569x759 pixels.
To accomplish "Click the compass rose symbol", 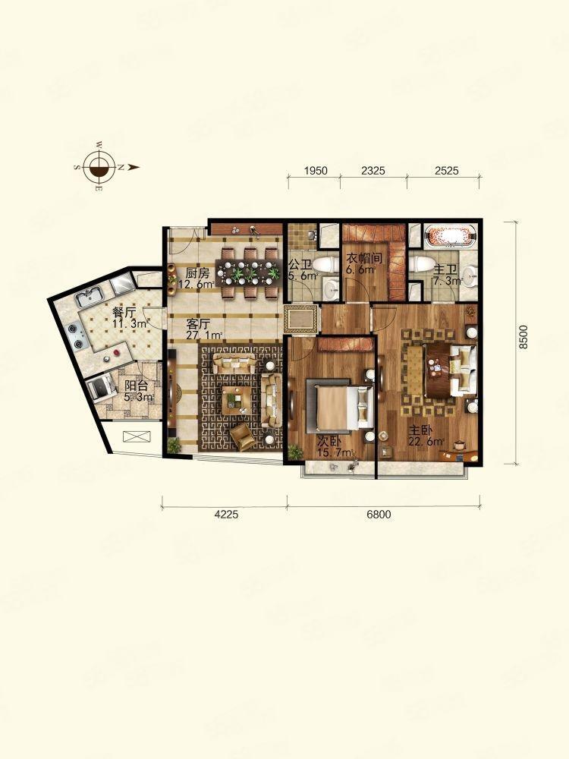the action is [x=99, y=167].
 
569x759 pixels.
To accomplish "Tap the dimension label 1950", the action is [x=316, y=170].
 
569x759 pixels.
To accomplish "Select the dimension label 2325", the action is [x=373, y=170].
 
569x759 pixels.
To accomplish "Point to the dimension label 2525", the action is [x=446, y=170].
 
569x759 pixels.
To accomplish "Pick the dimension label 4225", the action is [x=226, y=514].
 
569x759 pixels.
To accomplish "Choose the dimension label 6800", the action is [x=379, y=514].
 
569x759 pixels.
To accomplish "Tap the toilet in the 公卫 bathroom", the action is [x=325, y=265].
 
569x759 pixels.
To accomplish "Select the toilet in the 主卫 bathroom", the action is [x=420, y=265].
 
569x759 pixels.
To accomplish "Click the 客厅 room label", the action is [x=198, y=323].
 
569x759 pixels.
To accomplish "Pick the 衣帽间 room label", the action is [x=364, y=258].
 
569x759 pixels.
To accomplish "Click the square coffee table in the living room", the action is [x=236, y=400].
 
